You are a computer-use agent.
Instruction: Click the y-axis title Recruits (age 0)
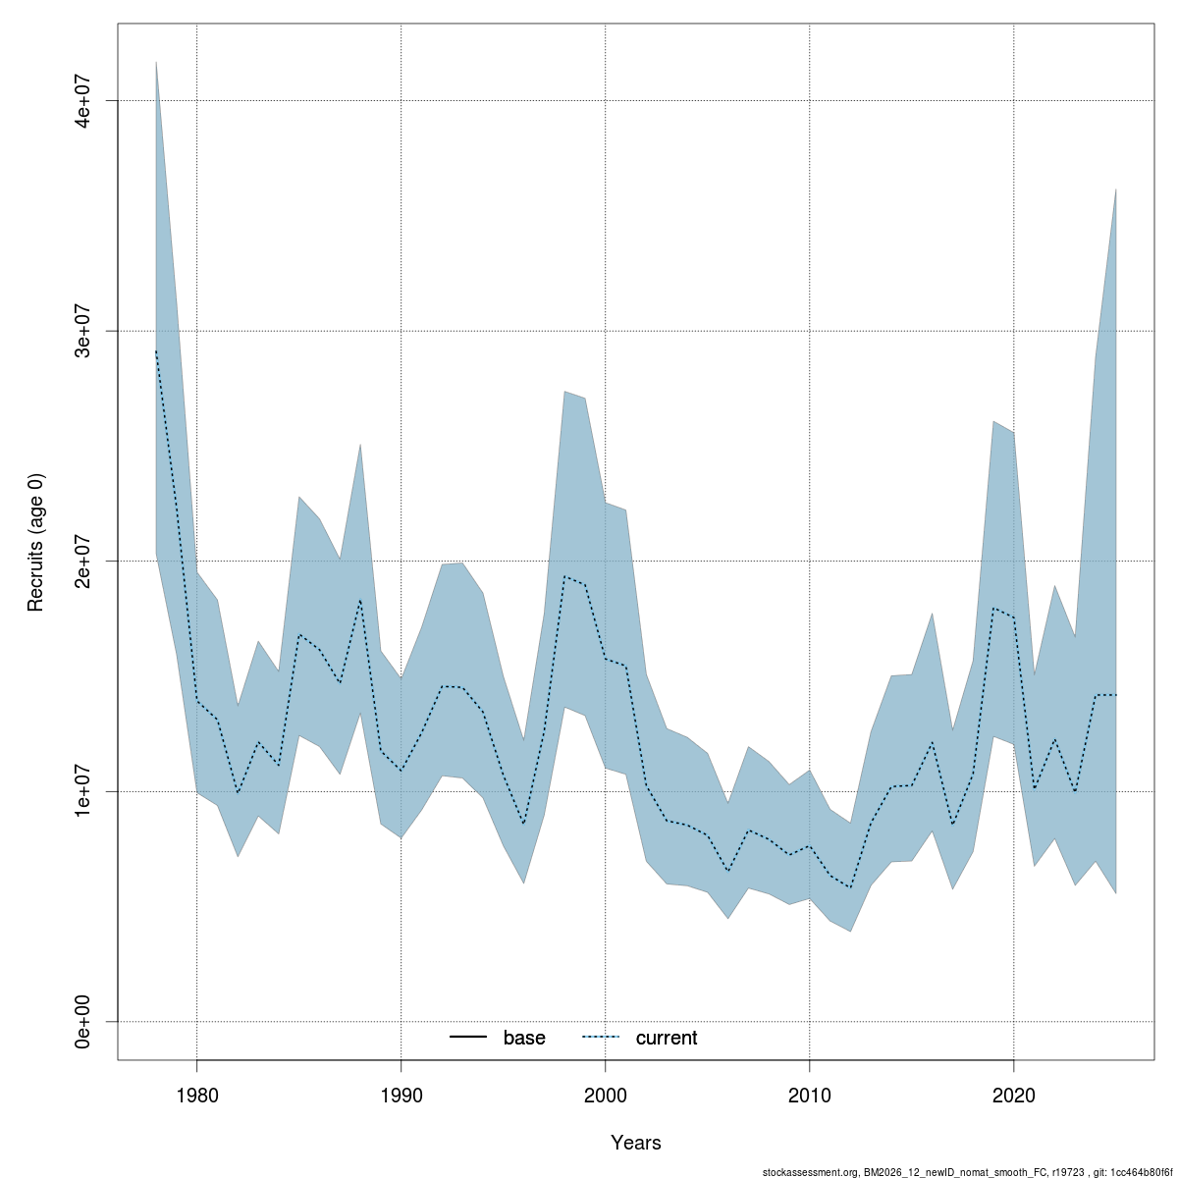pyautogui.click(x=36, y=542)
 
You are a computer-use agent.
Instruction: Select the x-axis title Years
pyautogui.click(x=636, y=1143)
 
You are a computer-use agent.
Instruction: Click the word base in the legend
pyautogui.click(x=524, y=1038)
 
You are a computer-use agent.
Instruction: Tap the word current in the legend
pyautogui.click(x=667, y=1038)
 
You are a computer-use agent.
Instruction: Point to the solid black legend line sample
pyautogui.click(x=469, y=1038)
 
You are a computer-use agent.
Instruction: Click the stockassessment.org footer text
pyautogui.click(x=966, y=1172)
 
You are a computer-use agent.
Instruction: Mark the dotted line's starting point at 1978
pyautogui.click(x=156, y=351)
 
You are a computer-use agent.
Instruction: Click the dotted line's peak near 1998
pyautogui.click(x=564, y=576)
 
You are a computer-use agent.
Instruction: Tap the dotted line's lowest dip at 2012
pyautogui.click(x=850, y=887)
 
